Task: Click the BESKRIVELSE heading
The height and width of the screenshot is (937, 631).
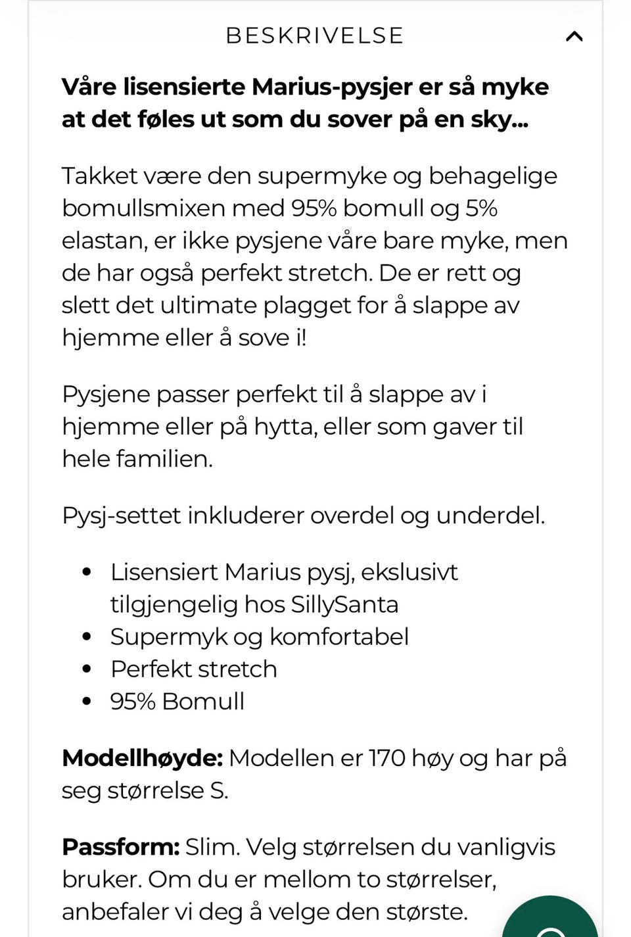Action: tap(314, 36)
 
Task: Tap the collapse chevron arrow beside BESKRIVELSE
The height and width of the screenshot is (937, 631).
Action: tap(574, 36)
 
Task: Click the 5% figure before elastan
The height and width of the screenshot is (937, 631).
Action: tap(481, 208)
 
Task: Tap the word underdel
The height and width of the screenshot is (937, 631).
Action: tap(490, 516)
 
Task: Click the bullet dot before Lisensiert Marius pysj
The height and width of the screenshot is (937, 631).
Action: tap(87, 572)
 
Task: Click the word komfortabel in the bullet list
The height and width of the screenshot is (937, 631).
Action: tap(339, 637)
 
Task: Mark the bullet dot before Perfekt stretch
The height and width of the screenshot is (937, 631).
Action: tap(87, 669)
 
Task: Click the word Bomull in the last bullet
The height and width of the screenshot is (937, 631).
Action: tap(203, 701)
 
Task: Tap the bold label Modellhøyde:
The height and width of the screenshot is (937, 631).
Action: tap(142, 758)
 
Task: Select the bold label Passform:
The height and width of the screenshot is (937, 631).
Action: tap(120, 847)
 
